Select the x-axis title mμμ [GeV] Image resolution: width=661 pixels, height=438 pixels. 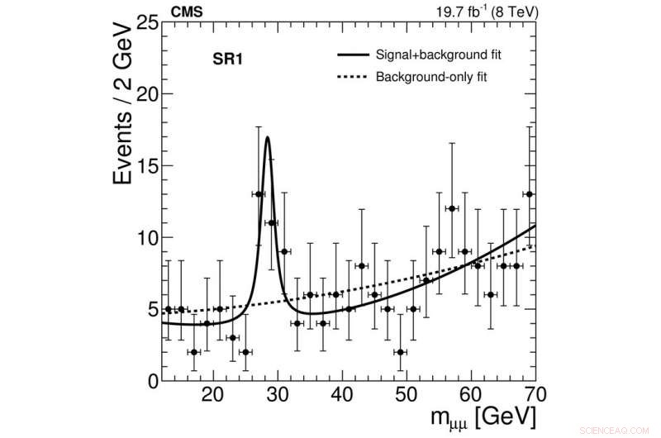[475, 417]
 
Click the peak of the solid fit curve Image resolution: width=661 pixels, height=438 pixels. [268, 138]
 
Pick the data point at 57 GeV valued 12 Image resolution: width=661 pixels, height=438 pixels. [452, 208]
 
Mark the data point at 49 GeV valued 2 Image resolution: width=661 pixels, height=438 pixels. [400, 352]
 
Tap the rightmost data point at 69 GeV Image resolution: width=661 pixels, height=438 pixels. [529, 194]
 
